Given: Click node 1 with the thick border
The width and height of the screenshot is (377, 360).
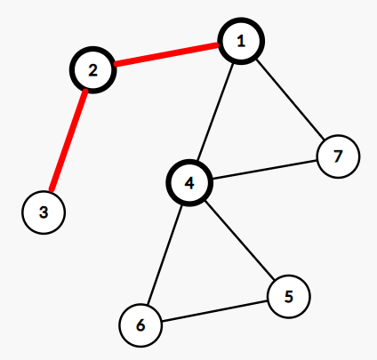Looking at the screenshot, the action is (241, 41).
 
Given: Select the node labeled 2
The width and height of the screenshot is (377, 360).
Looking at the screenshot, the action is (92, 70).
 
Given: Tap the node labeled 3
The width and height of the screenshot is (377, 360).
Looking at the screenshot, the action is (44, 212).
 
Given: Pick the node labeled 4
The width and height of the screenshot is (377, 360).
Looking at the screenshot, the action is (189, 183).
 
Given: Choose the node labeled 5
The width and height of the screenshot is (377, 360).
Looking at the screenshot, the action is (289, 296).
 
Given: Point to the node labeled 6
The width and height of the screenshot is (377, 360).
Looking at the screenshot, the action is (140, 325).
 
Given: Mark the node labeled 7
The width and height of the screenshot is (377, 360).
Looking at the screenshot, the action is (338, 156).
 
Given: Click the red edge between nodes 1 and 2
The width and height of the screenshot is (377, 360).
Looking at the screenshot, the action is (166, 54).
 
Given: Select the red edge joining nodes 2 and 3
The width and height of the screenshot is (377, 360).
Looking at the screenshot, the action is (68, 140).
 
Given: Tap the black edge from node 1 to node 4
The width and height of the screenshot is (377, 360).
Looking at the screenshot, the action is (215, 112).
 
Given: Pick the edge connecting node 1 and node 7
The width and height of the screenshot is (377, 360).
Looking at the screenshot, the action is (290, 100).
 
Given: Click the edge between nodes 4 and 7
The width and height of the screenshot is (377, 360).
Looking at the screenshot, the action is (265, 170).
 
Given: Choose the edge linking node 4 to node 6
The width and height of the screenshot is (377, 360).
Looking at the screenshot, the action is (164, 254).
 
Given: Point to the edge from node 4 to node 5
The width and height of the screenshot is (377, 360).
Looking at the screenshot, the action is (240, 241).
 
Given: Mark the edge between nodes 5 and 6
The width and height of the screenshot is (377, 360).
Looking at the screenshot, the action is (214, 311).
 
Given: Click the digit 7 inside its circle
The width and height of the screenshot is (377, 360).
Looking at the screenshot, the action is (338, 156).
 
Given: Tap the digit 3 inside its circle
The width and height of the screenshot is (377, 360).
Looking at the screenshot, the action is (44, 212).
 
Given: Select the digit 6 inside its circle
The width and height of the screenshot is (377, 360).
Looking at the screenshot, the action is (140, 325).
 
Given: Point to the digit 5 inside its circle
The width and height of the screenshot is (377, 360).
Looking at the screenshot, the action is (289, 296).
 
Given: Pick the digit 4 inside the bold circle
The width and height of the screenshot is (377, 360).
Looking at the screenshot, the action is (189, 183).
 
